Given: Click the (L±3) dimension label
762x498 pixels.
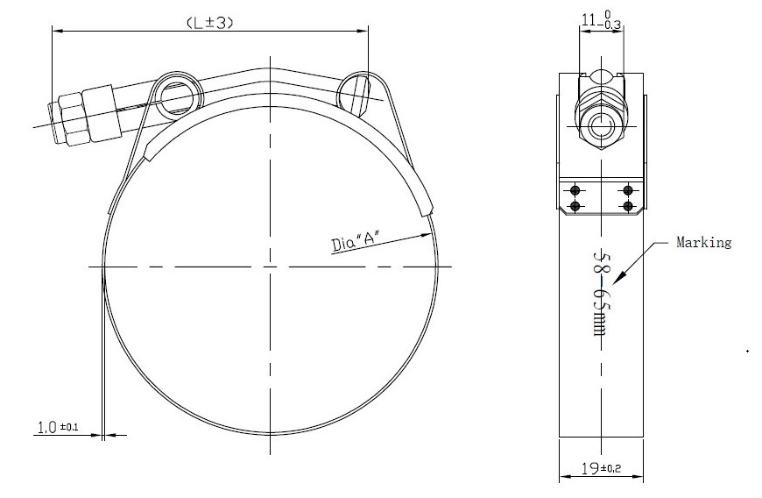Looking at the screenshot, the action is tap(210, 23).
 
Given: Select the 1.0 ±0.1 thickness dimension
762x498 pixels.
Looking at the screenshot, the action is tap(58, 428).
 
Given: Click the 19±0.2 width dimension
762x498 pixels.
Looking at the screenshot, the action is tap(601, 468).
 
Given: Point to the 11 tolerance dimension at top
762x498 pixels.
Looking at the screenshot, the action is tap(602, 20).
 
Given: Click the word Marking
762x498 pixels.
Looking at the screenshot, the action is tap(703, 242).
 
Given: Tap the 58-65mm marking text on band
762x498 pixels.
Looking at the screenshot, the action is tap(602, 294).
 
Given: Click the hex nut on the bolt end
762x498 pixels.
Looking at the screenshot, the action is tap(73, 119).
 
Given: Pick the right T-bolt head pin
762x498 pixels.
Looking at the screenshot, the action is tap(355, 95).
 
